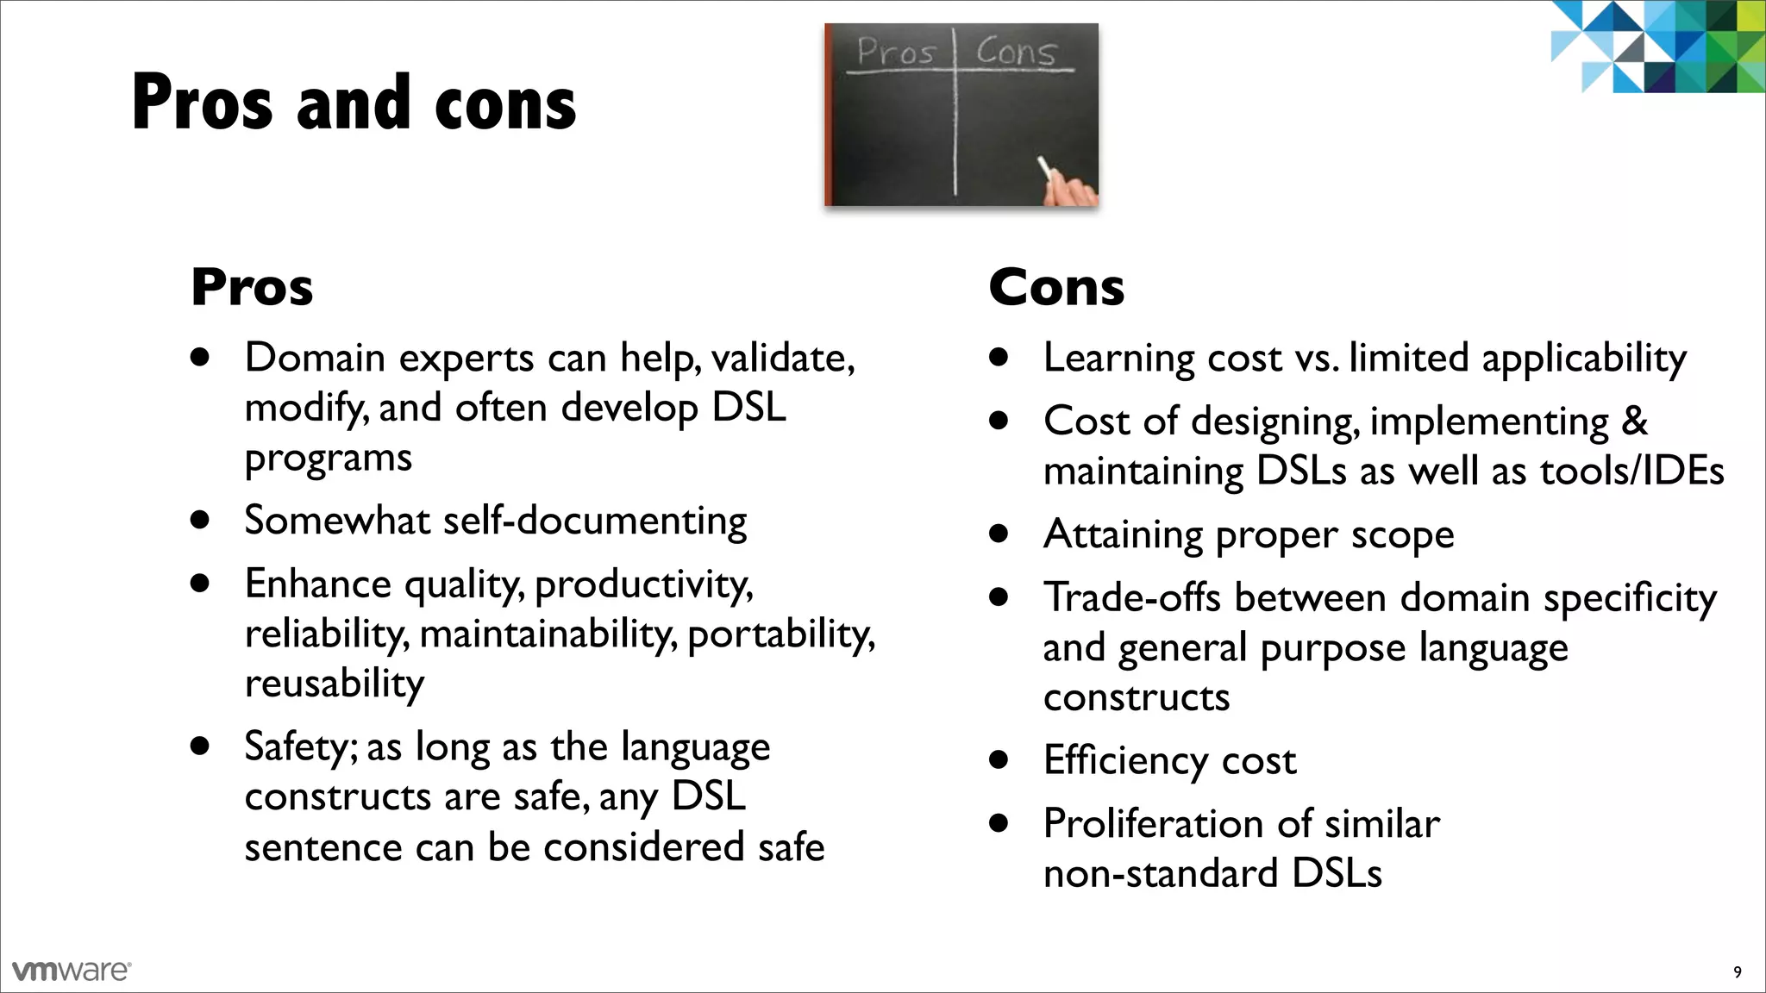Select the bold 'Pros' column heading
252,287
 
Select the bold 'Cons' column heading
1056,287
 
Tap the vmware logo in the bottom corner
72,971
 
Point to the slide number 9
1737,972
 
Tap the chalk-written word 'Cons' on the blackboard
1016,52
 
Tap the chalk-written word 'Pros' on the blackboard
897,52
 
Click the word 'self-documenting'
594,521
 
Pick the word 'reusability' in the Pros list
335,684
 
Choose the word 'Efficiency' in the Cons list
1124,760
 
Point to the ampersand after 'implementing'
1634,422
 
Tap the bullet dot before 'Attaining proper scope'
999,534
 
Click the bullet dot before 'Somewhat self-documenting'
201,520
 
